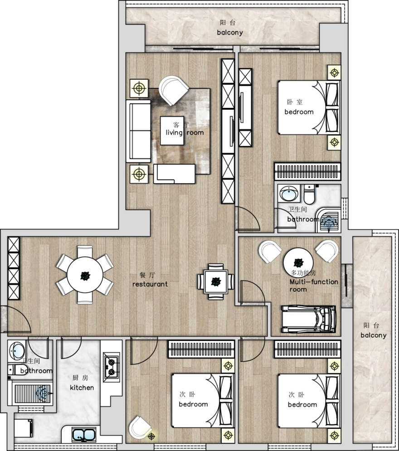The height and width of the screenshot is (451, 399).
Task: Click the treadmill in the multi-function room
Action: click(309, 319)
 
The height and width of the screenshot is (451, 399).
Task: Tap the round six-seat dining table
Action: click(85, 275)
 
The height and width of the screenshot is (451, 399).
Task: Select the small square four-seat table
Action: click(216, 281)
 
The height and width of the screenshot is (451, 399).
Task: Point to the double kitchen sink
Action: click(84, 434)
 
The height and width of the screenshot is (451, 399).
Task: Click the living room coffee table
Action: click(172, 131)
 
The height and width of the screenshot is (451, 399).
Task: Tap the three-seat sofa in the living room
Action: click(138, 131)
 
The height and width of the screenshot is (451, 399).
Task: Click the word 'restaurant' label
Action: click(150, 284)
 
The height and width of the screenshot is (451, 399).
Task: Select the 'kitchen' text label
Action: click(82, 388)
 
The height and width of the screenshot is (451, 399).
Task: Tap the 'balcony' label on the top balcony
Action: click(230, 33)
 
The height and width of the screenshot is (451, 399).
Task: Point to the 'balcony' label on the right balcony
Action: click(374, 335)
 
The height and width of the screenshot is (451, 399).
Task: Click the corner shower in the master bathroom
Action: click(329, 220)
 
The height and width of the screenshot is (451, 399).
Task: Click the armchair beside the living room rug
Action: click(174, 90)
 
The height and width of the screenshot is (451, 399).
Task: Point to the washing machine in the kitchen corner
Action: click(23, 428)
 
